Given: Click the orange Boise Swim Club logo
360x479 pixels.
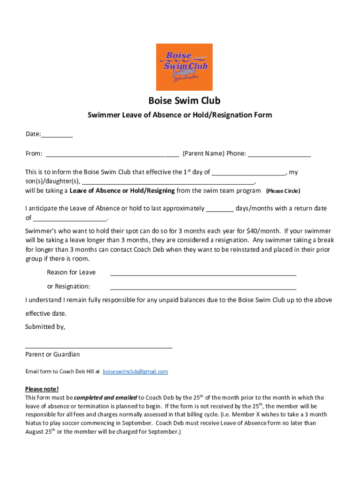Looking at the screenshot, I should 184,67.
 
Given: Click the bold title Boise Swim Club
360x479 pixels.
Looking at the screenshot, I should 184,101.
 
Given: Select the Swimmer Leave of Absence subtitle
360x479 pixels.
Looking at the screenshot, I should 180,115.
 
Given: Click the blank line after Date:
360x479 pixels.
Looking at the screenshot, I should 57,135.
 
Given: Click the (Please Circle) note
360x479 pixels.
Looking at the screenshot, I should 283,191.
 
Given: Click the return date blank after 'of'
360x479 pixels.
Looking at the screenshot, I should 70,218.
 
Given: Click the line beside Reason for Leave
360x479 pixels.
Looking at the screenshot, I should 203,273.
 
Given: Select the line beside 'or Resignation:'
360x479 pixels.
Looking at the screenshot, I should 203,287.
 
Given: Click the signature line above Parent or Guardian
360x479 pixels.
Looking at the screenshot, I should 99,347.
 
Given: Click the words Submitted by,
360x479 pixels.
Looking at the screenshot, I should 45,327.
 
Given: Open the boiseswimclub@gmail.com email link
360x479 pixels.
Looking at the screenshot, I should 135,371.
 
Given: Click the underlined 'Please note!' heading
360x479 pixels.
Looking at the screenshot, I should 42,389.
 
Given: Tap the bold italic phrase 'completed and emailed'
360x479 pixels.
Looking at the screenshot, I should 106,398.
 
